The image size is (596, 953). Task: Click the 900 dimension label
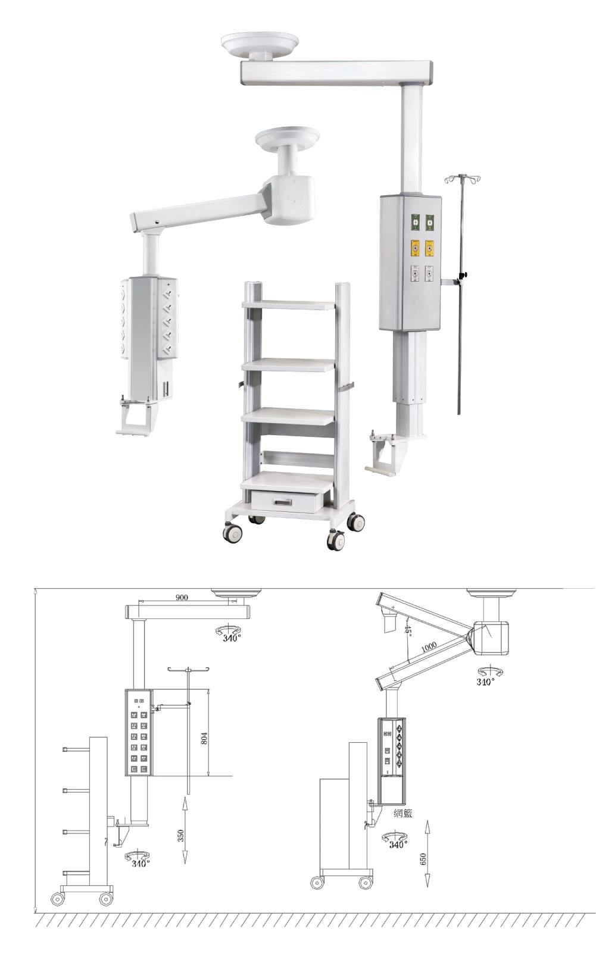click(x=182, y=597)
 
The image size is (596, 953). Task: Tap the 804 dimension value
click(x=204, y=738)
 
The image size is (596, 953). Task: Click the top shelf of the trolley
click(x=288, y=305)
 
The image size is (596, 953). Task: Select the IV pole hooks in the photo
click(x=463, y=179)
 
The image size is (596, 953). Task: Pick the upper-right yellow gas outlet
click(x=430, y=248)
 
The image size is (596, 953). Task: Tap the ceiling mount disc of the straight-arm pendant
click(x=260, y=44)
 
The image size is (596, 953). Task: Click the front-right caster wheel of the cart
click(x=336, y=540)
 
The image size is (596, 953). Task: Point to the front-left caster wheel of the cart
click(x=233, y=533)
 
